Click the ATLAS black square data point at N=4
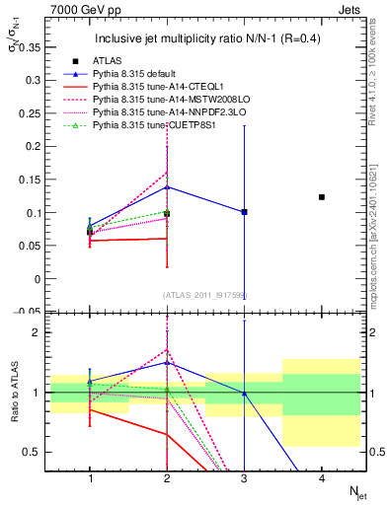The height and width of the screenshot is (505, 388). click(x=322, y=197)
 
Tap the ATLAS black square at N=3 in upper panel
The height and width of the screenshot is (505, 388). click(x=244, y=212)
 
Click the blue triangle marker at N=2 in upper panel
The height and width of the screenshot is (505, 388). click(x=167, y=186)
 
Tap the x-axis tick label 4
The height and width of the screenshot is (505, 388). click(x=322, y=478)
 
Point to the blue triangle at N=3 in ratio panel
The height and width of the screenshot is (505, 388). click(x=244, y=394)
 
